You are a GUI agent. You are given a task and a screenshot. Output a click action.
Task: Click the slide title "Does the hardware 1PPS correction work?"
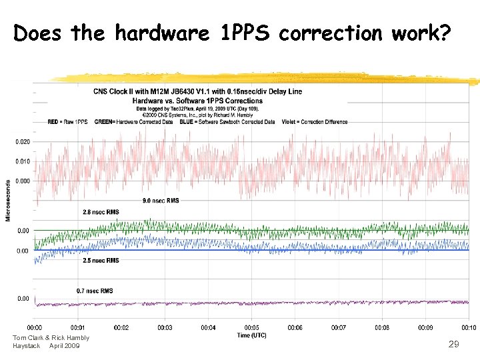pos(232,33)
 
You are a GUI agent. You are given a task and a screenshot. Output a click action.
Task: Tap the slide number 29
pos(453,344)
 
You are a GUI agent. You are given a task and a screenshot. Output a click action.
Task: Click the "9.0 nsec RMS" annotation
pos(160,200)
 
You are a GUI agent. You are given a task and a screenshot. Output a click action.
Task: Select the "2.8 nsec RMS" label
pos(101,212)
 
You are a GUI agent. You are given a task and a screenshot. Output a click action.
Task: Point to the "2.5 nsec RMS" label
pos(101,260)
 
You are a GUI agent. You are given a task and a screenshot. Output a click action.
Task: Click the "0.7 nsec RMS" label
pos(95,291)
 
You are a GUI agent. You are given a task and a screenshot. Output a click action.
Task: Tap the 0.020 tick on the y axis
pos(22,142)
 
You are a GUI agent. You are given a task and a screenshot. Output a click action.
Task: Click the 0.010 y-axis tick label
pos(22,161)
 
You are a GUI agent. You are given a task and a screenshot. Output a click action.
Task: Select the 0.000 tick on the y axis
pos(22,181)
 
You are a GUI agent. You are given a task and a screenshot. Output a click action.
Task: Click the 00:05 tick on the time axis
pos(251,327)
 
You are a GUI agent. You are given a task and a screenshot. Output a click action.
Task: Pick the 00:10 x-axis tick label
pos(469,327)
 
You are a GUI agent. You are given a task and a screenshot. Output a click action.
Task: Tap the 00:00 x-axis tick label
pos(34,327)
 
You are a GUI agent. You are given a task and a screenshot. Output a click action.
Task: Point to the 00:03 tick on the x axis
pos(165,327)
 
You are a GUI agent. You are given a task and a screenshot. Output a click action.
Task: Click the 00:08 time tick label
pos(382,327)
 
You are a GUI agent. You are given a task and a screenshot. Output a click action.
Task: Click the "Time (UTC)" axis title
pos(251,335)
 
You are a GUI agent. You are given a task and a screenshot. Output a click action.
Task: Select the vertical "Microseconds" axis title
pos(8,200)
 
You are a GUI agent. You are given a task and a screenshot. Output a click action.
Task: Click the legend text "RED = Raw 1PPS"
pos(67,122)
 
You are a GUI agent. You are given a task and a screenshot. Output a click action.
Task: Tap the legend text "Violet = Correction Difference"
pos(316,122)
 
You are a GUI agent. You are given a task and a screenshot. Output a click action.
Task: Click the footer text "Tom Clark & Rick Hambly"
pos(51,337)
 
